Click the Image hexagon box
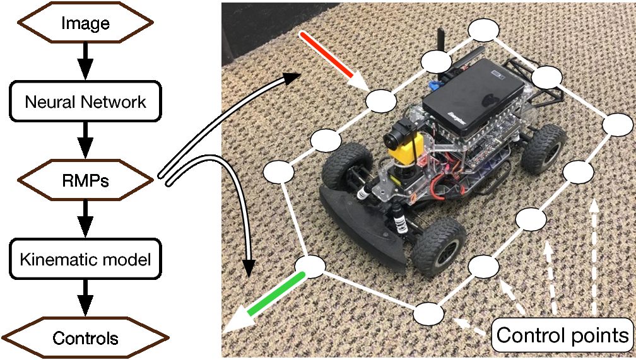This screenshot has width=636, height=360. click(x=86, y=24)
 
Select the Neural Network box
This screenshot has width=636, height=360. click(x=86, y=102)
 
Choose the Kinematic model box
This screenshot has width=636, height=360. click(x=86, y=259)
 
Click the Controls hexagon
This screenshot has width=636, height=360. click(x=86, y=338)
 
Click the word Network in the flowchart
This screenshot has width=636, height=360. click(x=119, y=102)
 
